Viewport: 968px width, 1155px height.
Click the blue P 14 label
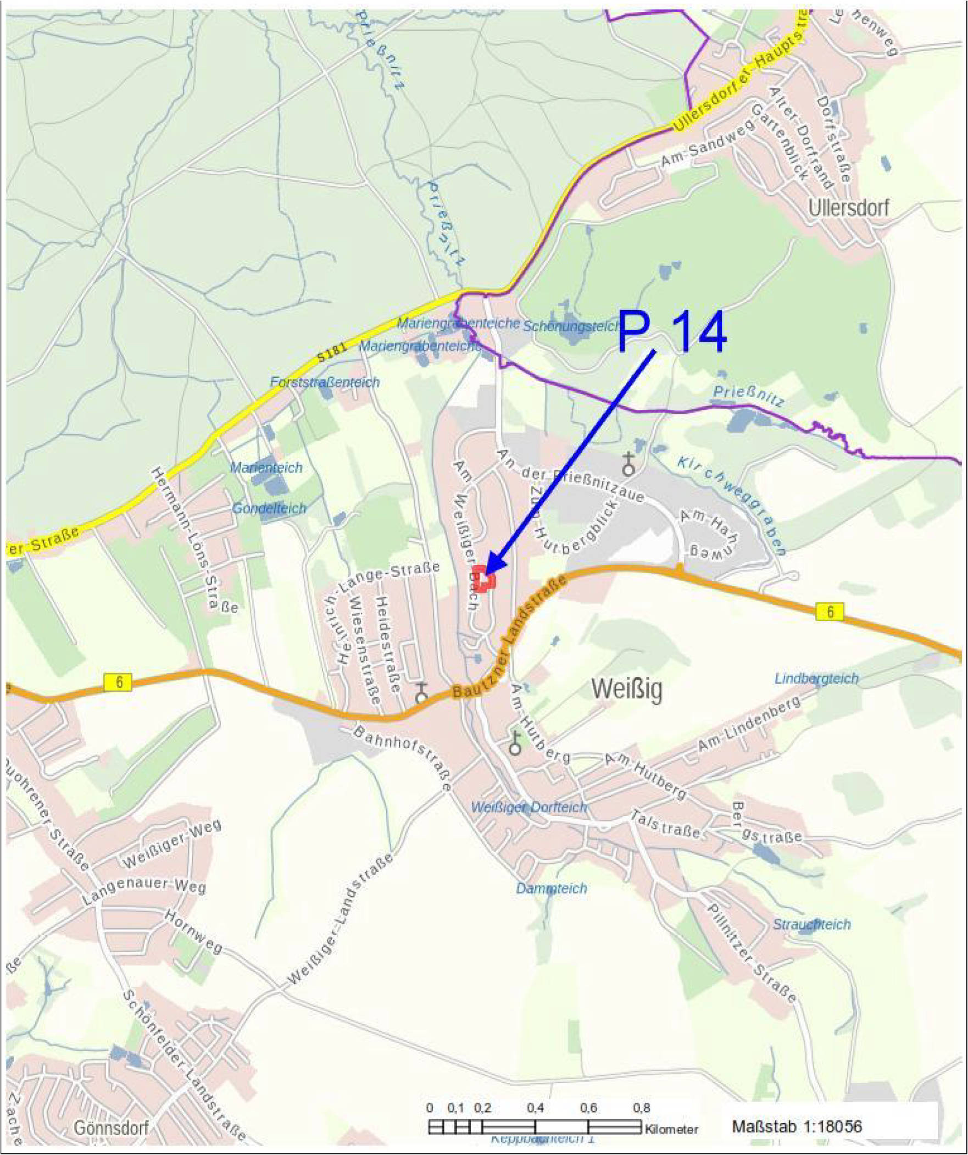672,332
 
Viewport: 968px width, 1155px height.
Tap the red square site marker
484,579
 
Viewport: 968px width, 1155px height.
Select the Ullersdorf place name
849,208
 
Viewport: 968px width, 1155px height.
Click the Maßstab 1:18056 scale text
797,1126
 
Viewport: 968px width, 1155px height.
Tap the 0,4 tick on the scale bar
535,1108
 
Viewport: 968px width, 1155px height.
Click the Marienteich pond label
266,468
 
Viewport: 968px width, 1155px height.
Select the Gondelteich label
269,508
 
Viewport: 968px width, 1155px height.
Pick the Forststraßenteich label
325,382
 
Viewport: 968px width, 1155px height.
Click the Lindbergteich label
817,679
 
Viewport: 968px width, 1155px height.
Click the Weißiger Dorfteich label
529,807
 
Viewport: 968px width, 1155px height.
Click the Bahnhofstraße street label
402,759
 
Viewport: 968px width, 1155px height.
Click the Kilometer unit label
671,1129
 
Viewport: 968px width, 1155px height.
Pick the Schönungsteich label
572,326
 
